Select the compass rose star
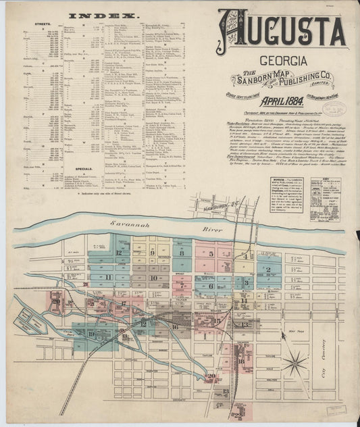[x=295, y=364]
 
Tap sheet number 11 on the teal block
[x=109, y=277]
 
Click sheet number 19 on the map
[x=91, y=333]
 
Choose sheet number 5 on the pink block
[x=211, y=255]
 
